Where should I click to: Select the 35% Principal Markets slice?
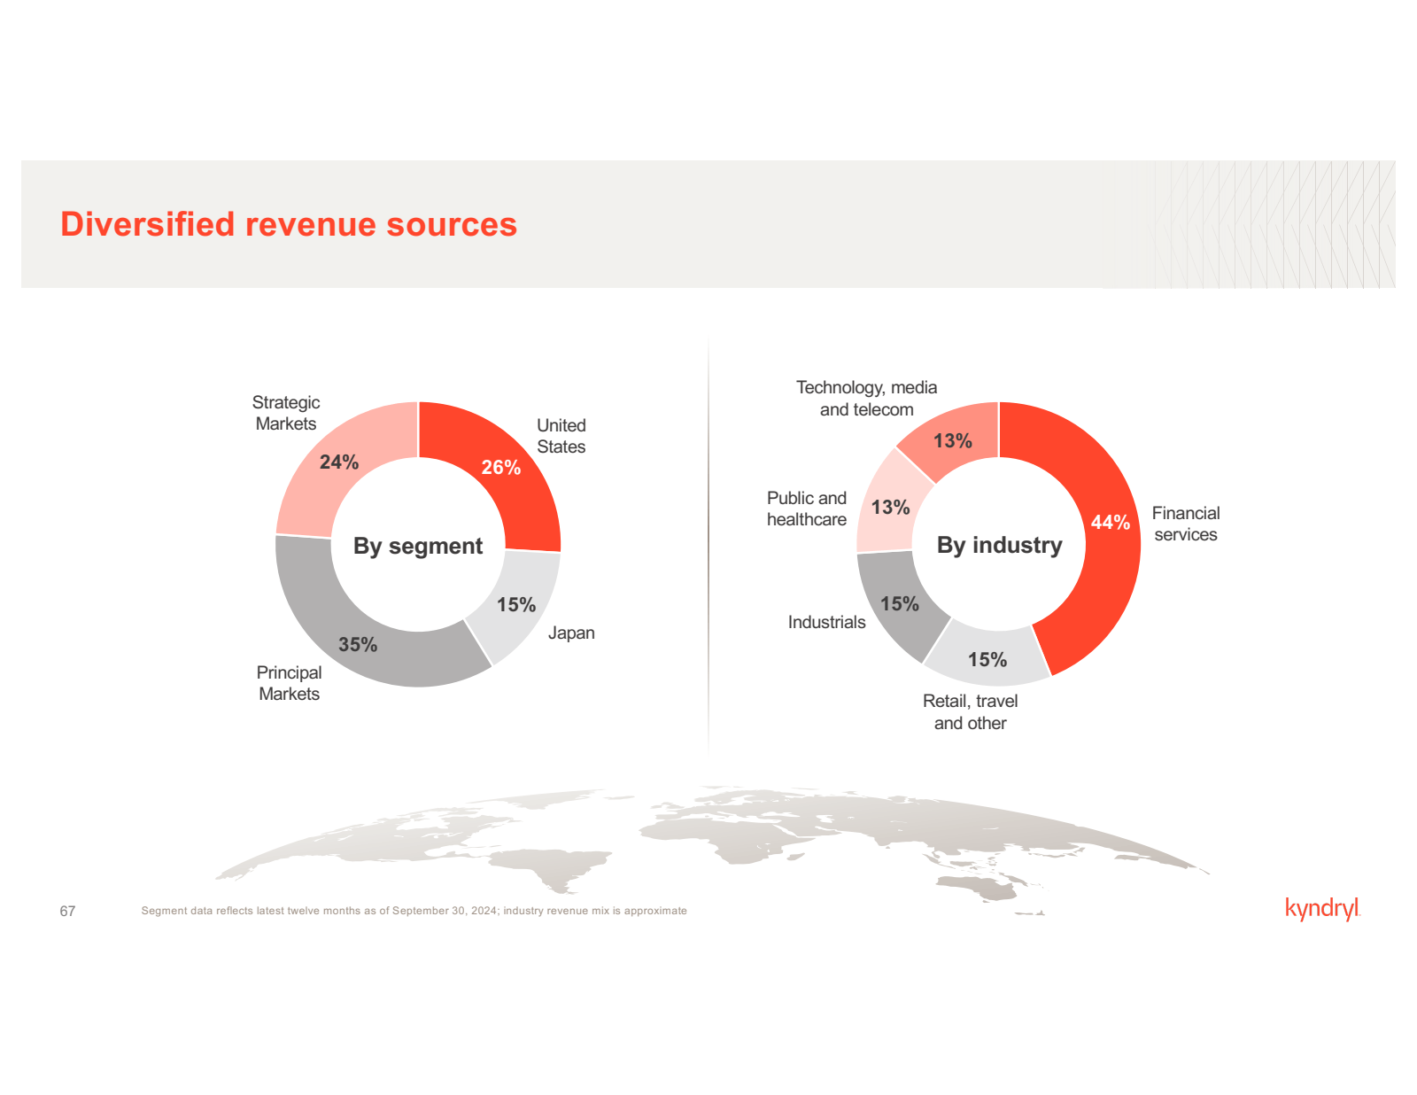(x=359, y=644)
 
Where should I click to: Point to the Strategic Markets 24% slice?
(x=339, y=462)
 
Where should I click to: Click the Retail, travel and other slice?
(x=987, y=659)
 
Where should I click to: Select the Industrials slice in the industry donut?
(x=899, y=603)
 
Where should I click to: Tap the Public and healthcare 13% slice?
(x=890, y=507)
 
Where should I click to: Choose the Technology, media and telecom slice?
(x=953, y=440)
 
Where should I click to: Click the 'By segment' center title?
(x=418, y=546)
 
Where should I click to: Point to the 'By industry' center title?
(x=999, y=545)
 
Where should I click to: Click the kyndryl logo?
(x=1321, y=909)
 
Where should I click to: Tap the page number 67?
(x=67, y=911)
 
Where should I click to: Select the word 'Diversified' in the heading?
(x=147, y=224)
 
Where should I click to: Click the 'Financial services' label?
(x=1185, y=524)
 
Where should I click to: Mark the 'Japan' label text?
(x=571, y=633)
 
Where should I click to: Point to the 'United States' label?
(x=561, y=436)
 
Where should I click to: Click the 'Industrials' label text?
(x=826, y=622)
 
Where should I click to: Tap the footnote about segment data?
(x=414, y=911)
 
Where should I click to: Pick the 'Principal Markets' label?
(x=289, y=683)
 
